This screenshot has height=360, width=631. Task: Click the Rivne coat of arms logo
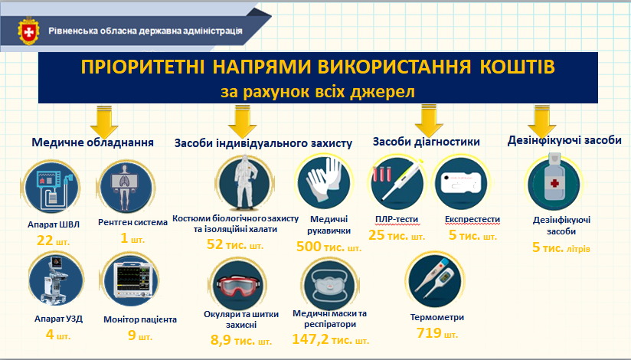(28, 31)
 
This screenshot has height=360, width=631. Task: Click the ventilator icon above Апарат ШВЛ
(51, 187)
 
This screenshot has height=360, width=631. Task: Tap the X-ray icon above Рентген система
(126, 187)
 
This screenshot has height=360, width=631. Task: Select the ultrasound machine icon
(57, 280)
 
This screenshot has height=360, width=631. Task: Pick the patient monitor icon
(132, 280)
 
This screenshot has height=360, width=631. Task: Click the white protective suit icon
(245, 183)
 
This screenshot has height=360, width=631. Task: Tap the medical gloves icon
(324, 183)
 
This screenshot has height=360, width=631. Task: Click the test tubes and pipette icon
(397, 183)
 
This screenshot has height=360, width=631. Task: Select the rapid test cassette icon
(461, 183)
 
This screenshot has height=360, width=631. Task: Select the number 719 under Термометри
(429, 333)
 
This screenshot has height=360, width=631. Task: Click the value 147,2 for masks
(310, 339)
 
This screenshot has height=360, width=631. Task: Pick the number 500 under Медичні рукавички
(309, 247)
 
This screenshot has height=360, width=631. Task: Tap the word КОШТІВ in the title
(517, 67)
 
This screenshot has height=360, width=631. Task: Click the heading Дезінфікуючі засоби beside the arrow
(564, 140)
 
